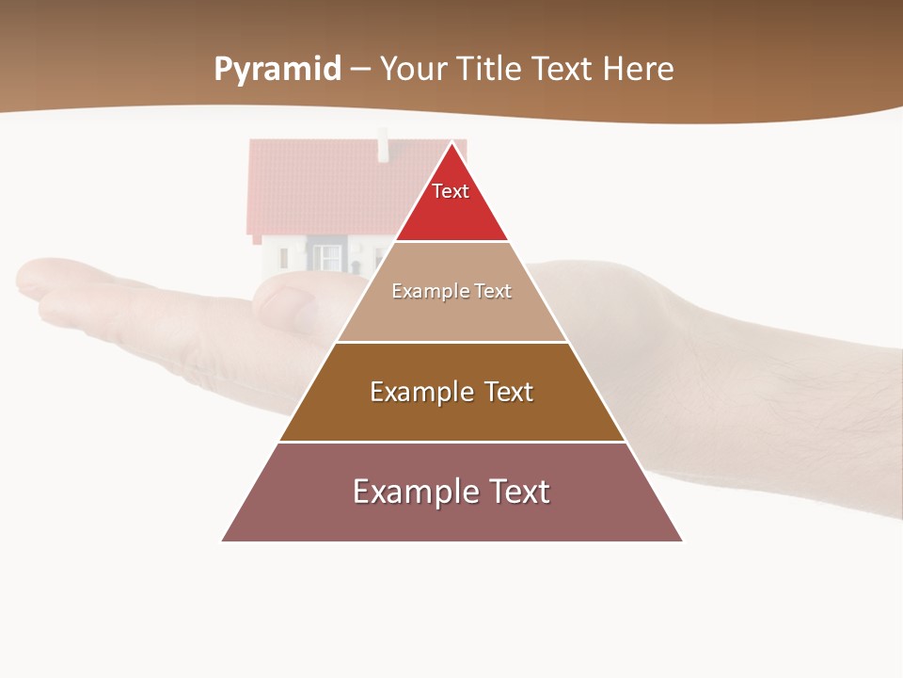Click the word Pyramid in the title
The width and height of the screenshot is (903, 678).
coord(277,69)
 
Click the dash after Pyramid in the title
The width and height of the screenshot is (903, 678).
coord(360,70)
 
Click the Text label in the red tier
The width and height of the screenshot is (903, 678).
coord(451,191)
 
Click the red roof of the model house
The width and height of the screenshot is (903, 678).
coord(320,184)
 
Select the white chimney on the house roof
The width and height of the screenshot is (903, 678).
coord(383,148)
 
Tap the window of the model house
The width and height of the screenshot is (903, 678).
coord(327,256)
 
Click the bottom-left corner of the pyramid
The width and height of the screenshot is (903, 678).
coord(222,541)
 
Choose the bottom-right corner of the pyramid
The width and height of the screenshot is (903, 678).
coord(683,541)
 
